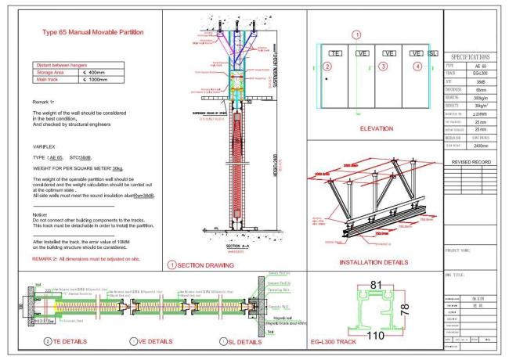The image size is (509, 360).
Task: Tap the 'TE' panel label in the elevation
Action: pos(335,52)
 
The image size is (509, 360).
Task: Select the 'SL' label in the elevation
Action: pos(433,52)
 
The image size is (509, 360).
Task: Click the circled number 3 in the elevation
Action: pos(383,67)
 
